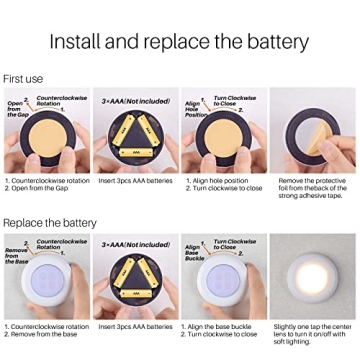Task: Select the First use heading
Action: click(22, 77)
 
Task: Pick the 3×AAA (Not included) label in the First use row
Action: click(134, 99)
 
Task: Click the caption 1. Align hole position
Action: click(217, 181)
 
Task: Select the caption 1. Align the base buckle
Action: click(222, 325)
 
